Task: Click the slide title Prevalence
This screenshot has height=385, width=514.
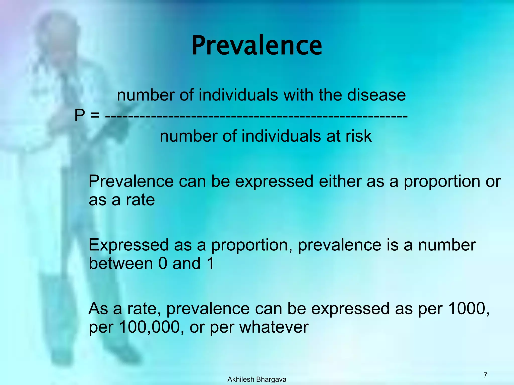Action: (257, 46)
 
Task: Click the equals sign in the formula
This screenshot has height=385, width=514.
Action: (95, 116)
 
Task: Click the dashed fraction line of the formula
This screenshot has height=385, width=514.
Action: (256, 116)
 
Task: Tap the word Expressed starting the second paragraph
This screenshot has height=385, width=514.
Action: (128, 245)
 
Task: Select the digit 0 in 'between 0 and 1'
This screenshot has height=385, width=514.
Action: (163, 263)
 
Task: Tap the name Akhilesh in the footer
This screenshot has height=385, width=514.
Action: (241, 379)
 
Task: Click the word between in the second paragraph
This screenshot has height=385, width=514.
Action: (121, 263)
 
